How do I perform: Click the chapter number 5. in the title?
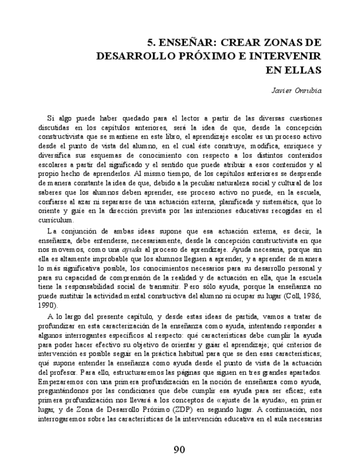(153, 42)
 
